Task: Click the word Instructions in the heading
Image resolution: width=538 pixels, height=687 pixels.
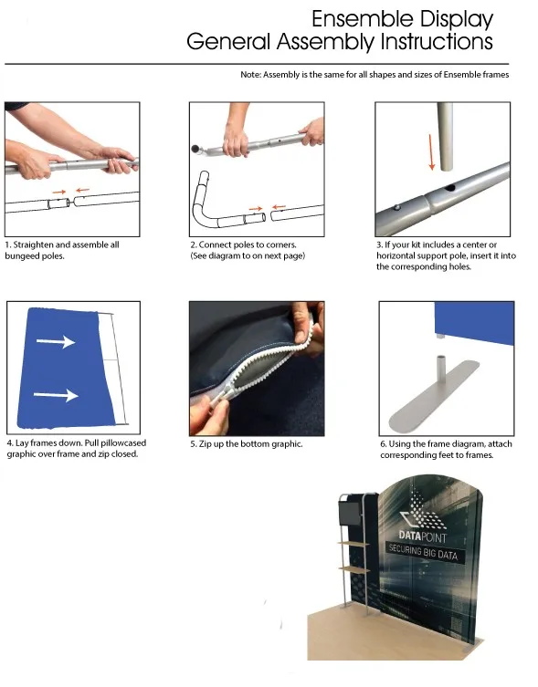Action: click(x=437, y=42)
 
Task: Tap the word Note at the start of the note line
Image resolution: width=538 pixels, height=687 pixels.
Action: click(x=250, y=75)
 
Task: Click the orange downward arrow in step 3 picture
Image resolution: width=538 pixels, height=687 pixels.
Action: click(x=432, y=152)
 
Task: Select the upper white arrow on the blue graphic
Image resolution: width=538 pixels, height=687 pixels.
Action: click(x=56, y=341)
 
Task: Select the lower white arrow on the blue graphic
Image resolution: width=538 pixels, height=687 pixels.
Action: click(x=56, y=395)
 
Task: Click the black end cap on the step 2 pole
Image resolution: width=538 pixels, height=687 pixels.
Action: click(x=195, y=149)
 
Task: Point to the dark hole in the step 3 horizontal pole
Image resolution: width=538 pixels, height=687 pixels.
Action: click(x=448, y=189)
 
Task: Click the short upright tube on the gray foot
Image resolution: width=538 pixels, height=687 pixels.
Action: click(x=440, y=371)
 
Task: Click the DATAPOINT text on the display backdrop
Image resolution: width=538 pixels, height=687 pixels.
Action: click(x=423, y=536)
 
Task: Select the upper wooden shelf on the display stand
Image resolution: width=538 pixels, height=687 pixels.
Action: click(x=354, y=544)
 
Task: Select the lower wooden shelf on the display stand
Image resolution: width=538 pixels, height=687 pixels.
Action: click(x=354, y=568)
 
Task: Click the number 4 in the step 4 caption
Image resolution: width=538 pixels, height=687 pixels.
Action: click(x=10, y=443)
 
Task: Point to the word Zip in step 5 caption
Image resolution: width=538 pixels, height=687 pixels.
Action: click(x=206, y=443)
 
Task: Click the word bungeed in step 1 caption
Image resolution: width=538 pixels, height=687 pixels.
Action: click(x=20, y=255)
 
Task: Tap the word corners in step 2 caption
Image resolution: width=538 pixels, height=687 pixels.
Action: click(x=280, y=245)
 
